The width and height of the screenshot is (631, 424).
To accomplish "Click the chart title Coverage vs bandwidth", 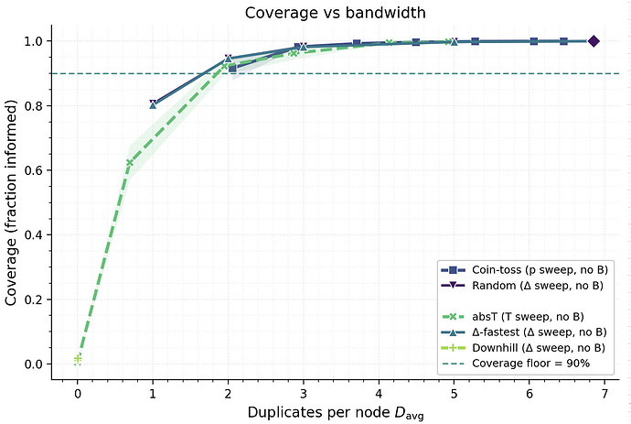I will [335, 13].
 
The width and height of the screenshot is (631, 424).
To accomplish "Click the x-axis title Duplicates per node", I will [335, 412].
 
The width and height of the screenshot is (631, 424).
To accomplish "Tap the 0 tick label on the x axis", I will [78, 392].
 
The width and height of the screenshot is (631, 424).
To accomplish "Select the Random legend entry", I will [530, 285].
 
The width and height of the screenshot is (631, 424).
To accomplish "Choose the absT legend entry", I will [530, 316].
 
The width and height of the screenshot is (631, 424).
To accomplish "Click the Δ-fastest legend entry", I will [530, 332].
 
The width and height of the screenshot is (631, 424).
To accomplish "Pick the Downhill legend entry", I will [530, 347].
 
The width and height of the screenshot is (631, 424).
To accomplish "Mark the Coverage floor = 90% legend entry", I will [530, 363].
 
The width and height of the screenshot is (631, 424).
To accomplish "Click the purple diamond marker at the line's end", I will [594, 41].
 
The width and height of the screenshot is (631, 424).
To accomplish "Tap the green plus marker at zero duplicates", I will [78, 359].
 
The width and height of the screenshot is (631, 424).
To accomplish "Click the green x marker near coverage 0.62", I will [130, 163].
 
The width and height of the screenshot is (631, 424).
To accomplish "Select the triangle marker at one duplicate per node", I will [153, 104].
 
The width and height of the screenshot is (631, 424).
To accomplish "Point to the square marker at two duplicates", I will [232, 69].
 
